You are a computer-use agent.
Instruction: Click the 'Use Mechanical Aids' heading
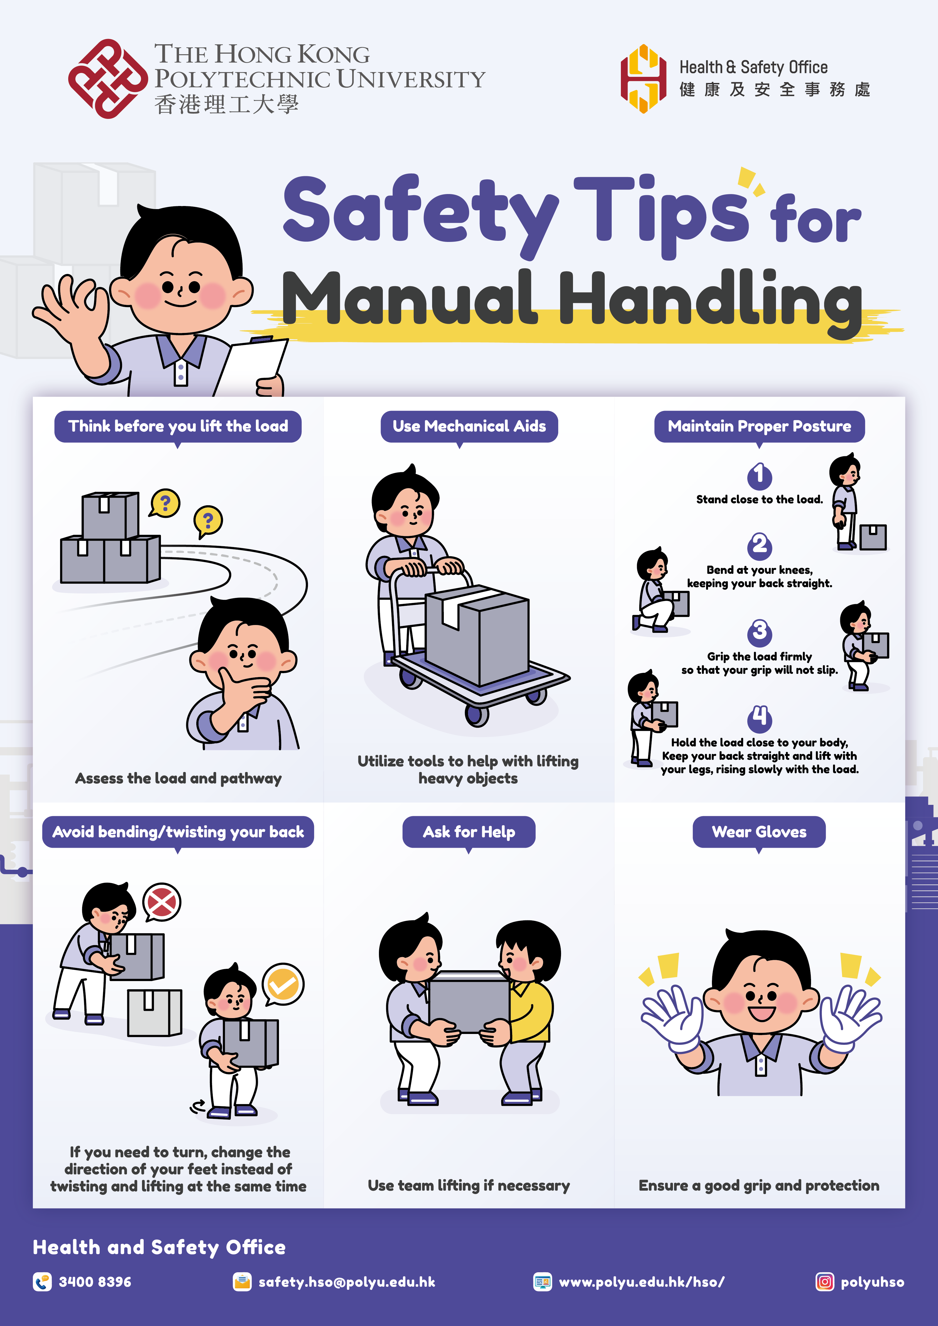(x=469, y=426)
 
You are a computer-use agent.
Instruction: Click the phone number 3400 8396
(x=95, y=1281)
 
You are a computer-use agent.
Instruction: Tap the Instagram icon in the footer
(x=824, y=1281)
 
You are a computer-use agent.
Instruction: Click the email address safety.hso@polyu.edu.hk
(x=347, y=1281)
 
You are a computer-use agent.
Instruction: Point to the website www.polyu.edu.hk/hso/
(x=641, y=1281)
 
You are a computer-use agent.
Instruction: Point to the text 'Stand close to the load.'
(x=759, y=499)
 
